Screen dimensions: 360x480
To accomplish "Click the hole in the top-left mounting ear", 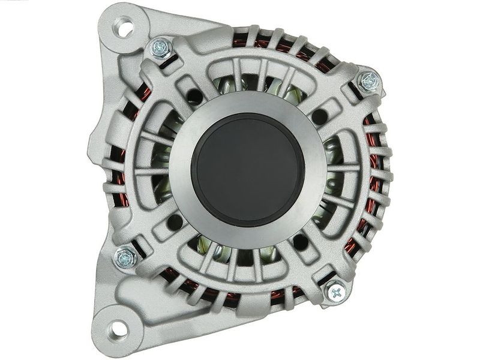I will point(125,26).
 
